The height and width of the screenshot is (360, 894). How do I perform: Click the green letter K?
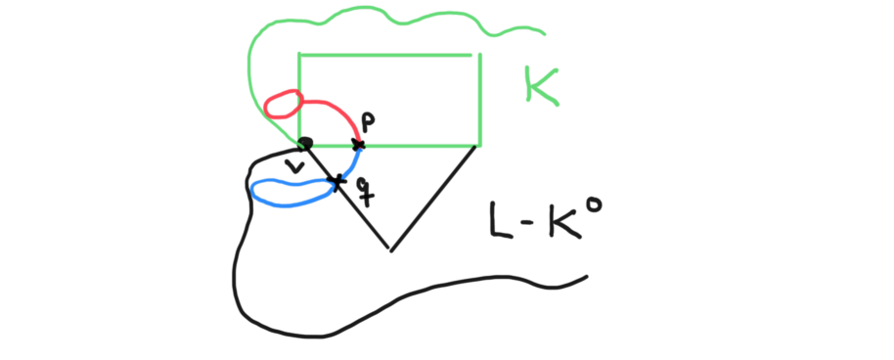[x=538, y=85]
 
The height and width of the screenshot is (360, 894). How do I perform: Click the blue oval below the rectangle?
[x=291, y=192]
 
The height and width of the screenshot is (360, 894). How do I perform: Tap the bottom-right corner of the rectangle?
[x=479, y=146]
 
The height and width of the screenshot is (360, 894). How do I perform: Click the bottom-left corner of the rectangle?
[x=299, y=146]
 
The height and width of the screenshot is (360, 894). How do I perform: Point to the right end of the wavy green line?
[x=543, y=34]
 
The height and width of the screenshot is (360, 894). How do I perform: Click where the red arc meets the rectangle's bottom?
[x=359, y=146]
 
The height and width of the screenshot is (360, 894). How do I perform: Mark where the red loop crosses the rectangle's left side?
[x=298, y=98]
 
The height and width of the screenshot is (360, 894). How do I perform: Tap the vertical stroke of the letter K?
[x=529, y=84]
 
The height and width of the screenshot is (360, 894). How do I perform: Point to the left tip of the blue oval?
[x=252, y=189]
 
